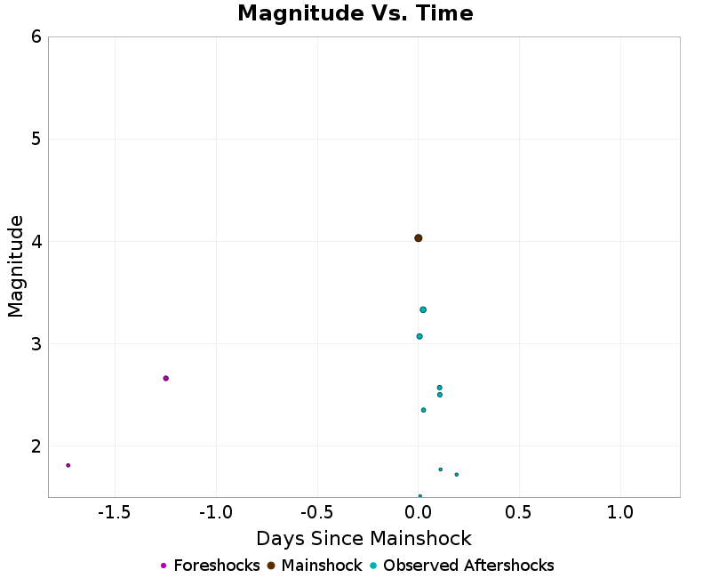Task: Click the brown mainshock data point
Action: pyautogui.click(x=418, y=238)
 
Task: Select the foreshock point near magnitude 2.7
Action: pyautogui.click(x=165, y=378)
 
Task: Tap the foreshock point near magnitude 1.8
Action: pyautogui.click(x=68, y=465)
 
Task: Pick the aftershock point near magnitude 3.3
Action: pyautogui.click(x=423, y=309)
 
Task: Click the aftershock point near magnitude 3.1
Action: pyautogui.click(x=419, y=336)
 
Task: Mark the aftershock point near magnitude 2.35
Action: pyautogui.click(x=423, y=410)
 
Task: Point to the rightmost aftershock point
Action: pyautogui.click(x=457, y=474)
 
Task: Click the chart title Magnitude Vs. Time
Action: pyautogui.click(x=355, y=13)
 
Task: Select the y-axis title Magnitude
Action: pyautogui.click(x=15, y=266)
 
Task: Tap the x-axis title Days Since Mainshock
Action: pyautogui.click(x=363, y=539)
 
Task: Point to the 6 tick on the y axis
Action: pyautogui.click(x=36, y=36)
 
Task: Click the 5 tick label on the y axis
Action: pyautogui.click(x=36, y=139)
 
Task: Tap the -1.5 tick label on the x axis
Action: pyautogui.click(x=115, y=512)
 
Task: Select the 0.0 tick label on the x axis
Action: pyautogui.click(x=419, y=512)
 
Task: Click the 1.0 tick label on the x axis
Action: pyautogui.click(x=620, y=512)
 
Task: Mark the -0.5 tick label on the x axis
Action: pyautogui.click(x=316, y=512)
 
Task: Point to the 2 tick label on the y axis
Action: pyautogui.click(x=36, y=446)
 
